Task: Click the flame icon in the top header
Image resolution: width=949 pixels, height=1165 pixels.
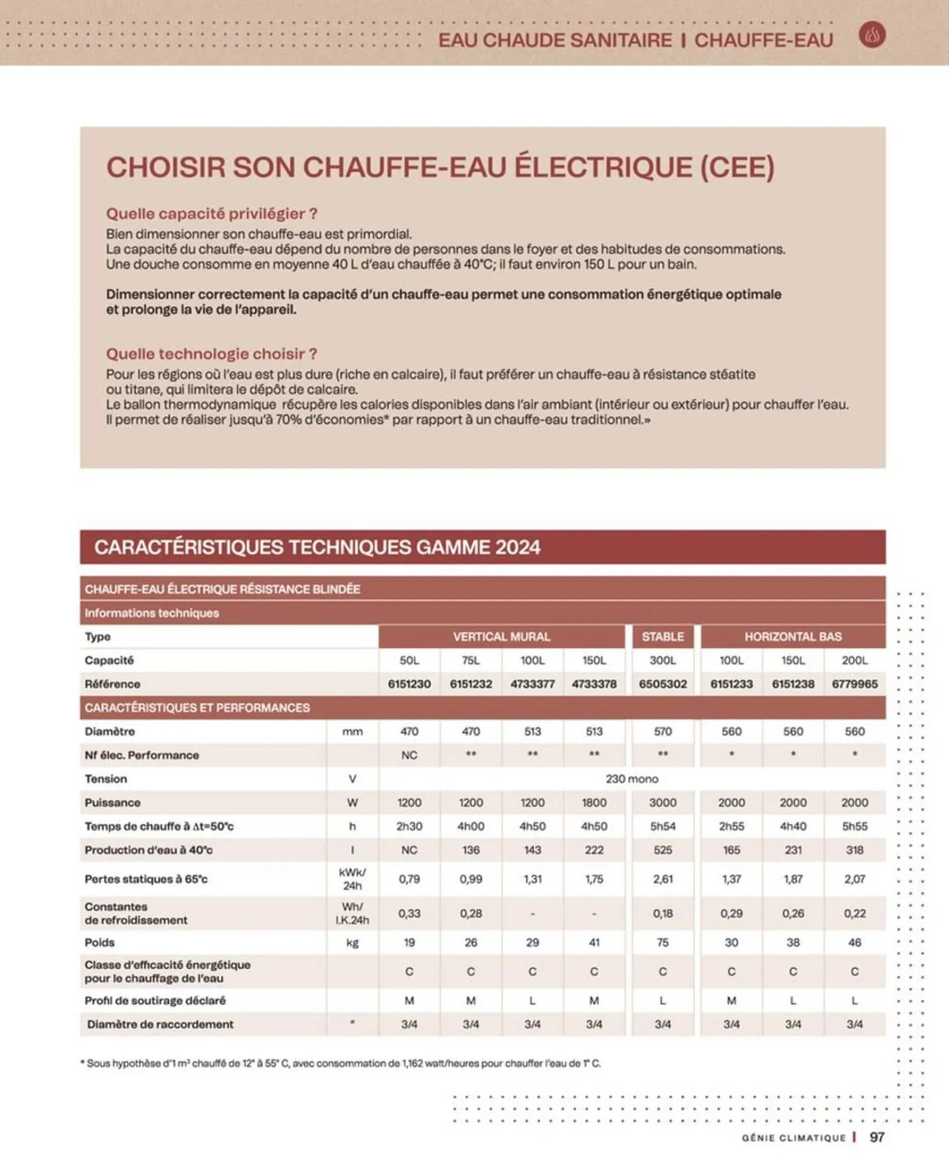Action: coord(872,35)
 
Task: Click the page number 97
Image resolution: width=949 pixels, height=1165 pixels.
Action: coord(877,1137)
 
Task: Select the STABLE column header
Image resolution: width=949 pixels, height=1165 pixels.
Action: coord(663,637)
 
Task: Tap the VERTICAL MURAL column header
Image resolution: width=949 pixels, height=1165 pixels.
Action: coord(501,637)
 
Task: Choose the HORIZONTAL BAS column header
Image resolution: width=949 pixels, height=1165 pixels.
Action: coord(793,637)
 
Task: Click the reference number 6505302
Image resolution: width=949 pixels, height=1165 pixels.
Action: coord(663,684)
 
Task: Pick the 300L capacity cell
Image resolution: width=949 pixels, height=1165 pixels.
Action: coord(663,661)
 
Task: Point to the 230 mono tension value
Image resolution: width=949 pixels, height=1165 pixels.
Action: coord(632,779)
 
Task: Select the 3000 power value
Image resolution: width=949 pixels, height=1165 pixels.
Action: coord(663,803)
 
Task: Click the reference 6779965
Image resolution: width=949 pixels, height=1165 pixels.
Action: coord(854,684)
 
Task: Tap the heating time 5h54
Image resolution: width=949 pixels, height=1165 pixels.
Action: coord(663,826)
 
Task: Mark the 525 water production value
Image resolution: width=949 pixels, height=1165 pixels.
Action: coord(663,850)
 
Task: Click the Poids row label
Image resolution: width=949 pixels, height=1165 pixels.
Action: coord(100,942)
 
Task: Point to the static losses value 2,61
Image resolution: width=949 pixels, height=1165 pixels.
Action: coord(663,879)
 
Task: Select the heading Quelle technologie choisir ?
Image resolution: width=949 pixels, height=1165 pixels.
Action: coord(211,354)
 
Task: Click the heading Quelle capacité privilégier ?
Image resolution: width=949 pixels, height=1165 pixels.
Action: coord(211,214)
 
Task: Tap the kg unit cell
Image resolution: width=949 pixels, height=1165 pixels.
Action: coord(352,942)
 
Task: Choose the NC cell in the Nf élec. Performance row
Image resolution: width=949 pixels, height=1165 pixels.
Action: coord(409,755)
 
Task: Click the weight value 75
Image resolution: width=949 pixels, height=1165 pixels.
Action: coord(663,942)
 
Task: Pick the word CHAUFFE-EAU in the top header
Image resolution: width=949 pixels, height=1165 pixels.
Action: coord(763,40)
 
